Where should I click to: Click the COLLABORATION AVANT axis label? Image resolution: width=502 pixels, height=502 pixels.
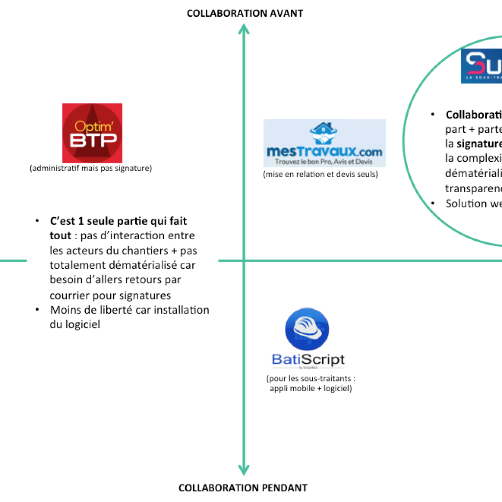point(245,13)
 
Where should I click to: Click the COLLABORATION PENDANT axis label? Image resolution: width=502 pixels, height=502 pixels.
point(243,488)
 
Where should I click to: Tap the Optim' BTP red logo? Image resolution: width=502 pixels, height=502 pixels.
point(92,133)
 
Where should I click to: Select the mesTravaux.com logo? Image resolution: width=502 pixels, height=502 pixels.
point(324,143)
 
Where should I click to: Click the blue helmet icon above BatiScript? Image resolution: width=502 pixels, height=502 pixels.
point(307,329)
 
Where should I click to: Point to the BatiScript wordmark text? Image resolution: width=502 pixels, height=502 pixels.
point(308,360)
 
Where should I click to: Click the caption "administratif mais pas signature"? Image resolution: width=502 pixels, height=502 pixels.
point(91,168)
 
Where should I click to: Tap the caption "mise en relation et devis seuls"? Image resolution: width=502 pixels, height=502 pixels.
point(320,174)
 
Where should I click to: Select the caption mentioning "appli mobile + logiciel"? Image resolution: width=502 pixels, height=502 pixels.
point(310,389)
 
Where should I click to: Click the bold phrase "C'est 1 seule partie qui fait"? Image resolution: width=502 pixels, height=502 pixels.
point(119,222)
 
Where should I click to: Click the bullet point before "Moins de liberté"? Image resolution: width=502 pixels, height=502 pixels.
point(38,310)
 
